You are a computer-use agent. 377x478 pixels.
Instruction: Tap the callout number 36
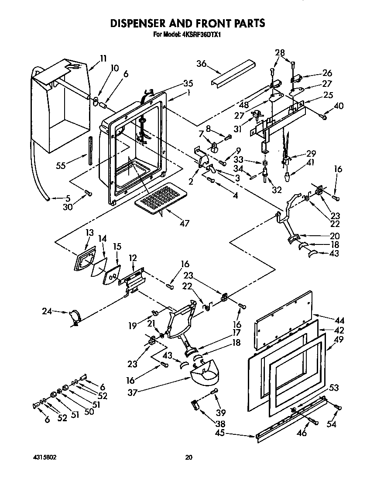[x=201, y=63]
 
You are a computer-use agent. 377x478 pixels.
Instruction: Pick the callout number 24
[x=47, y=311]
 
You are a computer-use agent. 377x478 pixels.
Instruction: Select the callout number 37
[x=132, y=392]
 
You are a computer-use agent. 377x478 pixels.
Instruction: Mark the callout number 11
[x=103, y=58]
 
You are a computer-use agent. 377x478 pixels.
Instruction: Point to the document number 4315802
[x=44, y=457]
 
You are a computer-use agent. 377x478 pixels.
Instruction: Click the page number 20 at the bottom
[x=188, y=457]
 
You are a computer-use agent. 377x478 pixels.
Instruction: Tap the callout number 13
[x=89, y=233]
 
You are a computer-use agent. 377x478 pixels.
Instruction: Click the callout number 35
[x=176, y=83]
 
